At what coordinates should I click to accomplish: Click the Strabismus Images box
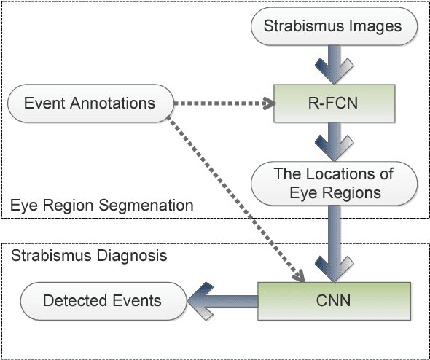[x=333, y=27]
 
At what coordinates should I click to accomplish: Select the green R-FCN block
[x=333, y=103]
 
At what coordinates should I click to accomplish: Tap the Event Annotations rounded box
[x=90, y=103]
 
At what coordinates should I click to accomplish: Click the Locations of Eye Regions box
[x=333, y=183]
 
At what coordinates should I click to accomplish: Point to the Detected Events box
[x=101, y=300]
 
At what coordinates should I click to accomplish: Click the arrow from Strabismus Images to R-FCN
[x=333, y=63]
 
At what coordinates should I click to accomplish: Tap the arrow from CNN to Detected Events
[x=222, y=300]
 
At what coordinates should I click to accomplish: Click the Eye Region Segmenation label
[x=102, y=206]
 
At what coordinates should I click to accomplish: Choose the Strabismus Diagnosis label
[x=88, y=256]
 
